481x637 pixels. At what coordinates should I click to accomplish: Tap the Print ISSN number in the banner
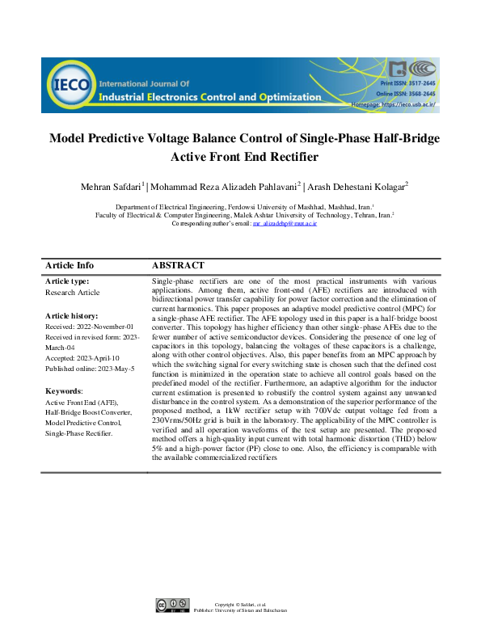pos(408,84)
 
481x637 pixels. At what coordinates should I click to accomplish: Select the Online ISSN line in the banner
pos(408,94)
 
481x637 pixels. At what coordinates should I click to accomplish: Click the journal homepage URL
pos(408,104)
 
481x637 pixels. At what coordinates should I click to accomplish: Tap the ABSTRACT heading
pos(178,265)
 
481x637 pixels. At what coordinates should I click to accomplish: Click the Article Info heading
pos(70,265)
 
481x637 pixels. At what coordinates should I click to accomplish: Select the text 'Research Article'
pos(73,292)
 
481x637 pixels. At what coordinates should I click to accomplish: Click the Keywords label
pos(64,390)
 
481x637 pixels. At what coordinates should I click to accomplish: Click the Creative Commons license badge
pos(173,605)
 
